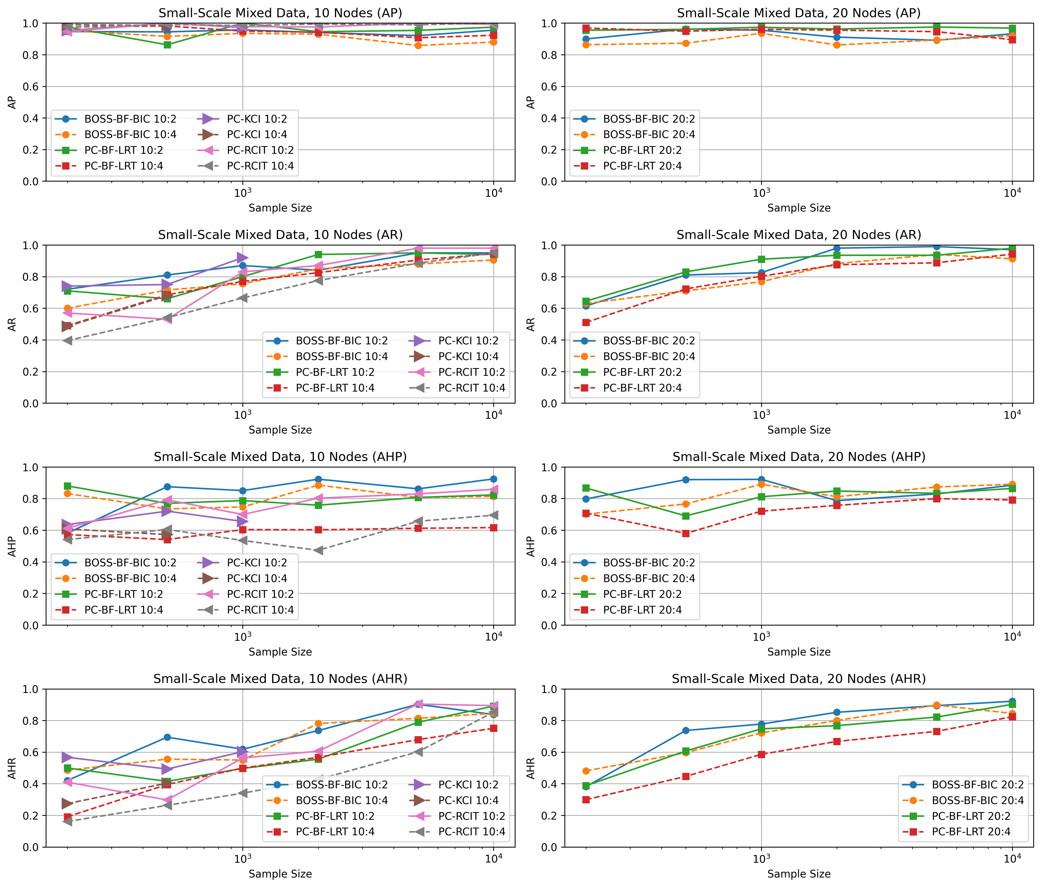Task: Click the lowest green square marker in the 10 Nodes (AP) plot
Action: coord(167,45)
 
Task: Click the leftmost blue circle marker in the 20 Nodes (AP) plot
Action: coord(586,39)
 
